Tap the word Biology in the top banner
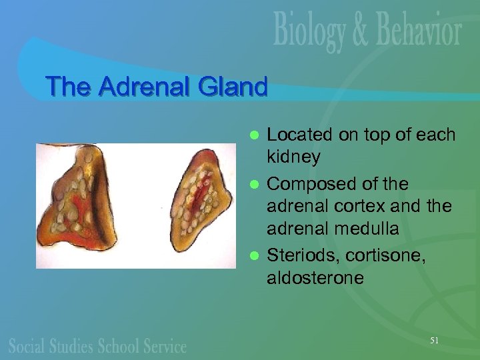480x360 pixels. (311, 31)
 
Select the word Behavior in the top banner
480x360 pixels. (416, 31)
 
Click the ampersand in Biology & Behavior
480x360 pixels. (361, 32)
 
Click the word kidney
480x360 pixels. (293, 158)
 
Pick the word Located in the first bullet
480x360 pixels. (299, 135)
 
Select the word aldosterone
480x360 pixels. (315, 277)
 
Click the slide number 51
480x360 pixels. (434, 341)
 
